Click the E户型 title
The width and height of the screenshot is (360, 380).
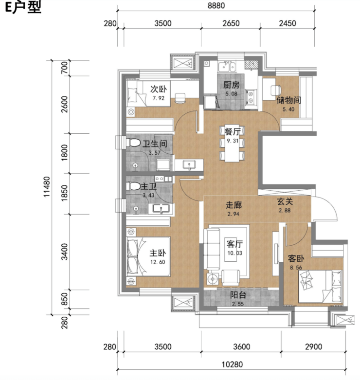tap(23, 7)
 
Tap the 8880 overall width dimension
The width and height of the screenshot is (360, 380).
tap(216, 5)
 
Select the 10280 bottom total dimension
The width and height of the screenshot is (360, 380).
tap(232, 364)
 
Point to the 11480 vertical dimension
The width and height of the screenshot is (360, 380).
tap(47, 187)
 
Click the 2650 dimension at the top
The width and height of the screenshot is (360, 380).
tap(231, 23)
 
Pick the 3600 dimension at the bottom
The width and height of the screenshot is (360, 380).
tap(241, 346)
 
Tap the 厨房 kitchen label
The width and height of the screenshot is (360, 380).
tap(232, 85)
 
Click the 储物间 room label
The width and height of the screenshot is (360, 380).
tap(288, 100)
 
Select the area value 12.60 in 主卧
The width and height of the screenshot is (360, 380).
tap(158, 262)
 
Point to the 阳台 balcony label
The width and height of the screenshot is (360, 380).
tap(238, 295)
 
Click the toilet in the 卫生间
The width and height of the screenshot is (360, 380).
tap(133, 143)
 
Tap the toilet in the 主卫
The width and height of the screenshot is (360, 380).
tap(133, 186)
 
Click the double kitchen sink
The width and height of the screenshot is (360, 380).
tap(227, 67)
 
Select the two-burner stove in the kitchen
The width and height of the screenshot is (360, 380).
tap(251, 97)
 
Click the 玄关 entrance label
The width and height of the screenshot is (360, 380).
tap(285, 201)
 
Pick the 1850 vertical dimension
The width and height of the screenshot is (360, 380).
tap(64, 193)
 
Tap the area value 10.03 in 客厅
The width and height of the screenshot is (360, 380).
tap(234, 253)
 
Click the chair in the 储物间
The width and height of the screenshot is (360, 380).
tap(276, 90)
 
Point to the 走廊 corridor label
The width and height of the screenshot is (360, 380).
tap(234, 205)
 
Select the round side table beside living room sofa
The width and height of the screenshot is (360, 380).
tap(213, 279)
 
